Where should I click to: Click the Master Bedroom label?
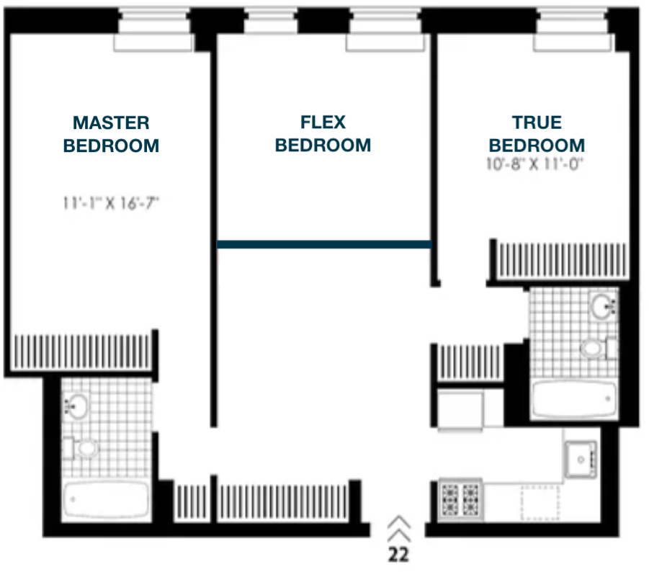tap(111, 134)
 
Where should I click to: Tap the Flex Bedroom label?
tap(323, 133)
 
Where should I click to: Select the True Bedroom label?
tap(537, 134)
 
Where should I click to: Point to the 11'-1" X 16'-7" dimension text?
tap(111, 203)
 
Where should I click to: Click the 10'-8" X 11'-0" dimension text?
tap(534, 164)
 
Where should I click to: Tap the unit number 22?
tap(398, 555)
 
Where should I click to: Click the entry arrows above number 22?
tap(399, 529)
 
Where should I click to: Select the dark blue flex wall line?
tap(324, 245)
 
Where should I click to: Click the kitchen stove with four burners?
tap(460, 499)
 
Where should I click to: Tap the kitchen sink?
tap(581, 460)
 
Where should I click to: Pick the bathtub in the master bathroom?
tap(106, 499)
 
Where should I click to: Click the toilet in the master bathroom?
tap(81, 448)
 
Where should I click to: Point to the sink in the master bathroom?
tap(76, 406)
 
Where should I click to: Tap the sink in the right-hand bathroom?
tap(603, 306)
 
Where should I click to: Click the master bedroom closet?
tap(82, 352)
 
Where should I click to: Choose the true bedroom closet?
tap(562, 260)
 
